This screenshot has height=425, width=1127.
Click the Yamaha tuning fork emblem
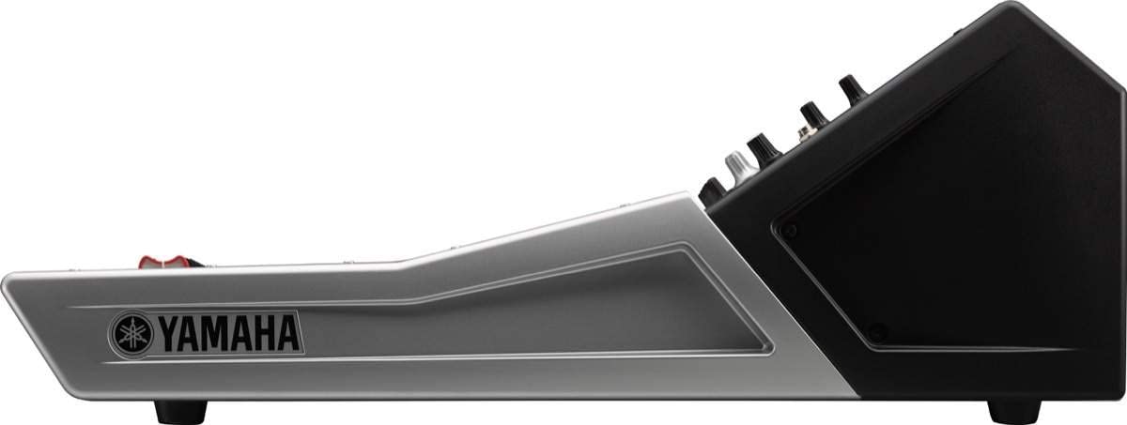[x=131, y=334]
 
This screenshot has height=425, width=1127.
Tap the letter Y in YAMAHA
[x=167, y=334]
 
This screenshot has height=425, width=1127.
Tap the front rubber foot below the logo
[x=180, y=411]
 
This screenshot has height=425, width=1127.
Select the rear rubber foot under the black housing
[x=1014, y=411]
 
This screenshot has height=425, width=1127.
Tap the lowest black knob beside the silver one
[x=714, y=187]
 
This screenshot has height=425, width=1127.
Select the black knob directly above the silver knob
[x=764, y=146]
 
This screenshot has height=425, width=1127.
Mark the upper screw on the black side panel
[x=790, y=231]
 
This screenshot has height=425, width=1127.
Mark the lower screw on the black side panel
[x=876, y=331]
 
